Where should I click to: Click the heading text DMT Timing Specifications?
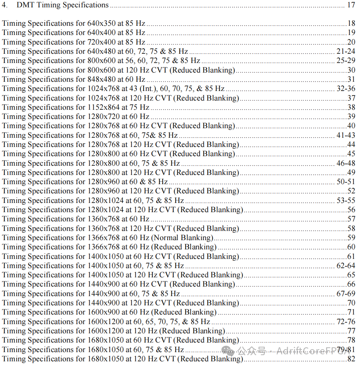[x=62, y=5]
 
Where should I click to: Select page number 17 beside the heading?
[x=351, y=5]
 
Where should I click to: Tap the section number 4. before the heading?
[x=5, y=5]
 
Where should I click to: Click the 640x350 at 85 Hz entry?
[x=74, y=23]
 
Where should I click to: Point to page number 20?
[x=351, y=42]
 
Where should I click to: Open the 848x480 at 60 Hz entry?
[x=74, y=79]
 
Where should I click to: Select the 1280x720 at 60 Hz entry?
[x=76, y=116]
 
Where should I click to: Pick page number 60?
[x=351, y=247]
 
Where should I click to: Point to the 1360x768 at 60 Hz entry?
[x=76, y=219]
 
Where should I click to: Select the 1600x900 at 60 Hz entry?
[x=109, y=312]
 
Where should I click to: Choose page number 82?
[x=351, y=359]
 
